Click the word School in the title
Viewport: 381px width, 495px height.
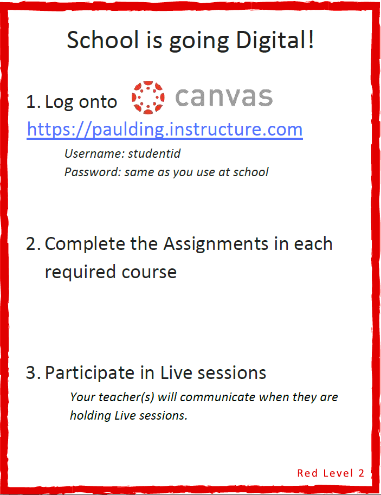coord(103,40)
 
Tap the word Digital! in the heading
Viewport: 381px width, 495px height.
coord(275,40)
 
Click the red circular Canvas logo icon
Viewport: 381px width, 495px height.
coord(148,97)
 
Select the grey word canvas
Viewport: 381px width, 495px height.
coord(224,97)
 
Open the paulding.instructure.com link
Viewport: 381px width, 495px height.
coord(165,130)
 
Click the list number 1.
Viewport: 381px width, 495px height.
coord(33,102)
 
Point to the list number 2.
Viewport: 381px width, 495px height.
coord(33,244)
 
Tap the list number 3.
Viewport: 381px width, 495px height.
coord(33,373)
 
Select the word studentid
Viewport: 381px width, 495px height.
coord(154,154)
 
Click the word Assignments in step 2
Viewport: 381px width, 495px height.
coord(216,245)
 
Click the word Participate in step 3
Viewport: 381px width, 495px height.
coord(89,374)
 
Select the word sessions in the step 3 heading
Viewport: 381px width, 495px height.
coord(232,373)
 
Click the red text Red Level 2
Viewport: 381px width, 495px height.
coord(331,473)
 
